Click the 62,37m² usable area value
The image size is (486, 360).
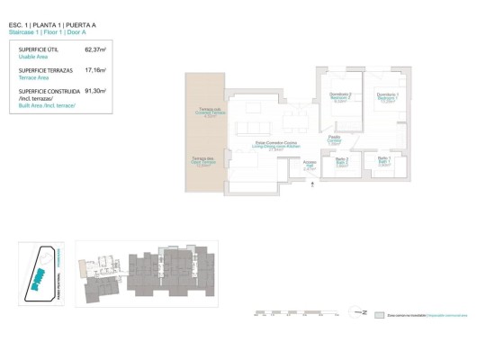pos(94,50)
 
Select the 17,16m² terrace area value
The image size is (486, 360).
pos(94,70)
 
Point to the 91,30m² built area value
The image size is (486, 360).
pos(94,91)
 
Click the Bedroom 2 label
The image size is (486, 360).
pos(340,99)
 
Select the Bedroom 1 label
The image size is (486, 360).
pos(388,99)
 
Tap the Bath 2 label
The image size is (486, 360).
pos(341,162)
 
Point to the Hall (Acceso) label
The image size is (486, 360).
pos(310,165)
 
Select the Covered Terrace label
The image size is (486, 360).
pos(211,113)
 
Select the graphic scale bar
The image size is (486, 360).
pos(297,315)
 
